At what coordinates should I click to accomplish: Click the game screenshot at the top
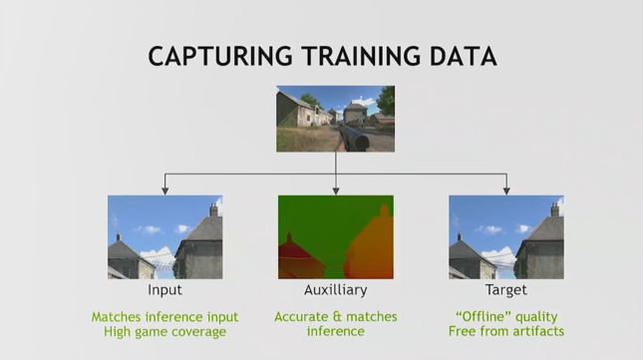coord(335,118)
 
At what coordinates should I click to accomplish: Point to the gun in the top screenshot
coord(355,136)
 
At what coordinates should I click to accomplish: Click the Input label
coord(164,291)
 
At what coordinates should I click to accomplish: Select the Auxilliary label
coord(335,291)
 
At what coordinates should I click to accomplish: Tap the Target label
coord(505,291)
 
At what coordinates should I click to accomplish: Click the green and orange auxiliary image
coord(335,236)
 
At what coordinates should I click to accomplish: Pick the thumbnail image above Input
coord(164,236)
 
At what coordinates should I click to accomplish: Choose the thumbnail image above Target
coord(505,236)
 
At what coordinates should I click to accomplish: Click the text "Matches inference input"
coord(164,317)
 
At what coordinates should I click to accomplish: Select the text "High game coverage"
coord(164,331)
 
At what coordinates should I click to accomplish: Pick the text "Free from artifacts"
coord(505,331)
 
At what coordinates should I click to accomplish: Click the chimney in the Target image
coord(554,209)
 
